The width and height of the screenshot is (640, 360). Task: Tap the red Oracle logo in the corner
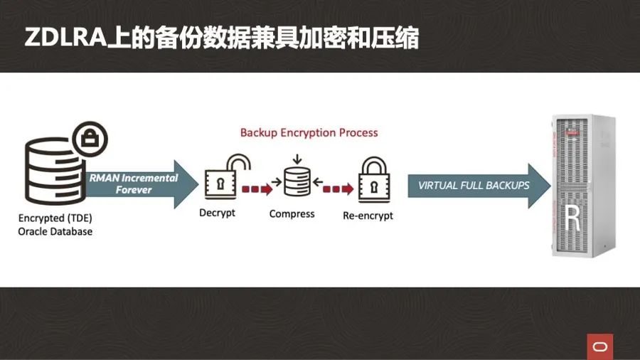coord(599,346)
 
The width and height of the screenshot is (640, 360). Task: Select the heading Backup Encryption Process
coord(309,132)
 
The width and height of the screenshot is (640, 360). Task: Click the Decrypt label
coord(217,213)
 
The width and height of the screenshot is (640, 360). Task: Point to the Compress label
coord(292,213)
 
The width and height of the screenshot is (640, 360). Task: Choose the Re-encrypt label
coord(368,215)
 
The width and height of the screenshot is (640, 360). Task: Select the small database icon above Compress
coord(297,181)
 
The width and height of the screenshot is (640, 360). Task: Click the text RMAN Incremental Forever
coord(134,184)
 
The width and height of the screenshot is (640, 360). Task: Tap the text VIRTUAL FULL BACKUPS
coord(474,185)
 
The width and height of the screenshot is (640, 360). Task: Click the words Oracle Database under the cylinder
coord(55,231)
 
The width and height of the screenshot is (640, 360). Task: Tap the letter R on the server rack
coord(573,218)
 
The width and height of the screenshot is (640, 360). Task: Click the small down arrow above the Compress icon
coord(297,158)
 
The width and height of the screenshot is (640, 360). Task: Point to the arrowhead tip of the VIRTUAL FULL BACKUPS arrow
coord(549,186)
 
